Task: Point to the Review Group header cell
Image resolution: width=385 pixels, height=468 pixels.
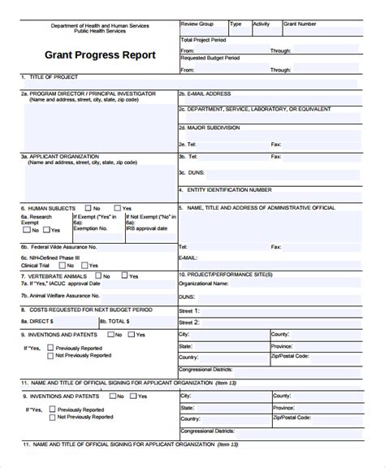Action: click(197, 24)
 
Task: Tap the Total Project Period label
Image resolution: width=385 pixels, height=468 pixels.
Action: click(204, 39)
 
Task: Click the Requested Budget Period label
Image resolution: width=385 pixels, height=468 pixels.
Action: click(210, 59)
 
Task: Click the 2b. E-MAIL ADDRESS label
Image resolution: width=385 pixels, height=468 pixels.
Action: click(210, 93)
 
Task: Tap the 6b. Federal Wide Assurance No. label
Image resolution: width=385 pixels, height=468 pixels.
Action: click(58, 246)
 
